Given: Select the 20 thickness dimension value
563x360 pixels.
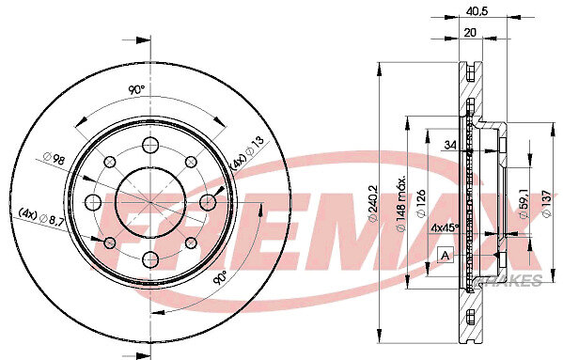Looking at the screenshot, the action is (x=470, y=33).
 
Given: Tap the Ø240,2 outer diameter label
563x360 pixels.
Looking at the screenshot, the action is (x=373, y=204).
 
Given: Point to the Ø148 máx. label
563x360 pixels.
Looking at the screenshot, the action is (x=400, y=203).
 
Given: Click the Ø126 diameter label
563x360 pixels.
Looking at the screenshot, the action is (x=421, y=204).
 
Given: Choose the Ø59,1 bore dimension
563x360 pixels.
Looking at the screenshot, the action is (x=524, y=204).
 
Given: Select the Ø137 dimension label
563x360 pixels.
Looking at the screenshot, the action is (x=546, y=204).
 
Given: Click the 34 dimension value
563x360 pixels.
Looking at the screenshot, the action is (x=450, y=145).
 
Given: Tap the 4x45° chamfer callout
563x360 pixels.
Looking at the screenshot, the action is (x=446, y=227).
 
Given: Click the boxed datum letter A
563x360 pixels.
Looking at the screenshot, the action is (x=446, y=255).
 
